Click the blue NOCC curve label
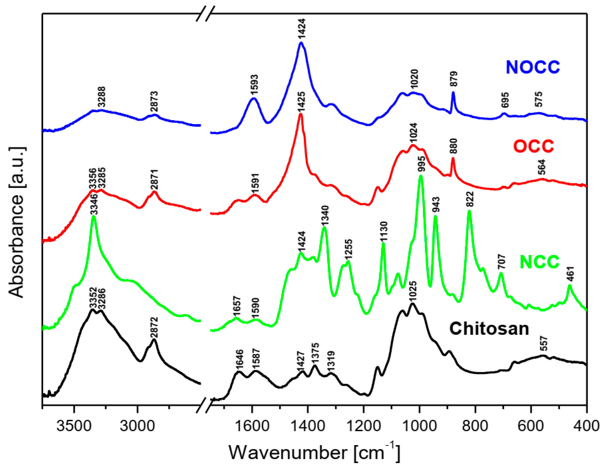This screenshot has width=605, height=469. pyautogui.click(x=533, y=67)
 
